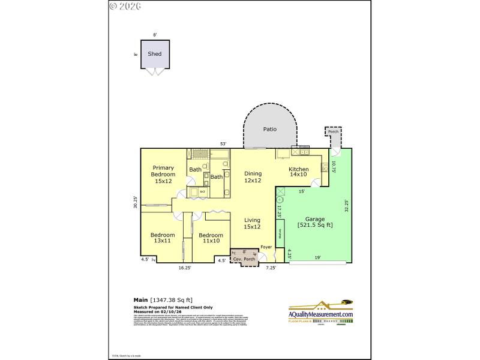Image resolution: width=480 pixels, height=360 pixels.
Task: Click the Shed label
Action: click(154, 53)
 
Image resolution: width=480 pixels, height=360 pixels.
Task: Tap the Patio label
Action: click(269, 129)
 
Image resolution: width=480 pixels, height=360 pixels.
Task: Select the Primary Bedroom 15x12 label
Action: click(163, 174)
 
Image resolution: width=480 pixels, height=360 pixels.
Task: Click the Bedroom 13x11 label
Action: click(163, 238)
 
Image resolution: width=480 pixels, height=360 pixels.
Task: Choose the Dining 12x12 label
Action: click(253, 177)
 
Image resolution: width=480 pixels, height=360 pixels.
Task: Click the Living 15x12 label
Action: click(252, 224)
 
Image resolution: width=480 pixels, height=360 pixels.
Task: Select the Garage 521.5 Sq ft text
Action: click(315, 222)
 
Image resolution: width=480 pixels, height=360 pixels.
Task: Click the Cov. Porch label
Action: click(244, 259)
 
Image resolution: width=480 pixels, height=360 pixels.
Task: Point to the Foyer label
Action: click(266, 247)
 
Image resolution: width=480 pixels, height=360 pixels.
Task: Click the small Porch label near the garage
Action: click(333, 132)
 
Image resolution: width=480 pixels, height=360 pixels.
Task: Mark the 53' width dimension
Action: click(223, 144)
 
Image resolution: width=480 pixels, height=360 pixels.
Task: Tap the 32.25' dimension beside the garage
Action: click(346, 206)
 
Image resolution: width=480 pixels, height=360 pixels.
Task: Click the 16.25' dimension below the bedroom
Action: click(185, 268)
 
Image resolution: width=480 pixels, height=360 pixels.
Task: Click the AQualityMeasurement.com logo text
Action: click(321, 314)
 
